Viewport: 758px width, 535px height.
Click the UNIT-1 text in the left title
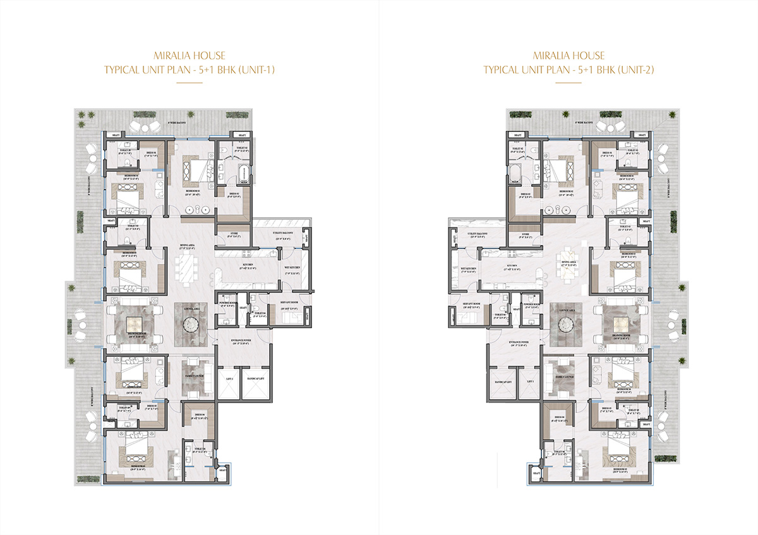pyautogui.click(x=256, y=69)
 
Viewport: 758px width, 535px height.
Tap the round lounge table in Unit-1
pyautogui.click(x=191, y=324)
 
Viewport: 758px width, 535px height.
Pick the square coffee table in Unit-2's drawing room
pyautogui.click(x=618, y=324)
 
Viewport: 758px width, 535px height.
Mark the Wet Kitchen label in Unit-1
pyautogui.click(x=291, y=268)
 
